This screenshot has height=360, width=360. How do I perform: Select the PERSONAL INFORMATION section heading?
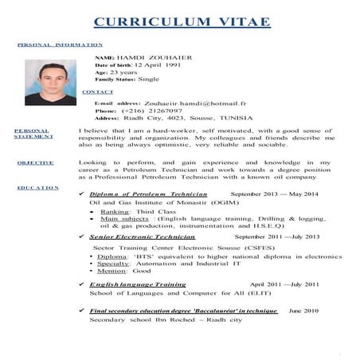click(60, 45)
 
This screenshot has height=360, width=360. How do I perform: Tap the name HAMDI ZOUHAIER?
click(148, 60)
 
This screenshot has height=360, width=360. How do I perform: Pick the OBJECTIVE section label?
click(36, 162)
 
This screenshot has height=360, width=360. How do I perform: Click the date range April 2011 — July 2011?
click(284, 284)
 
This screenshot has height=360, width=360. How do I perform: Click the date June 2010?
click(303, 310)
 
